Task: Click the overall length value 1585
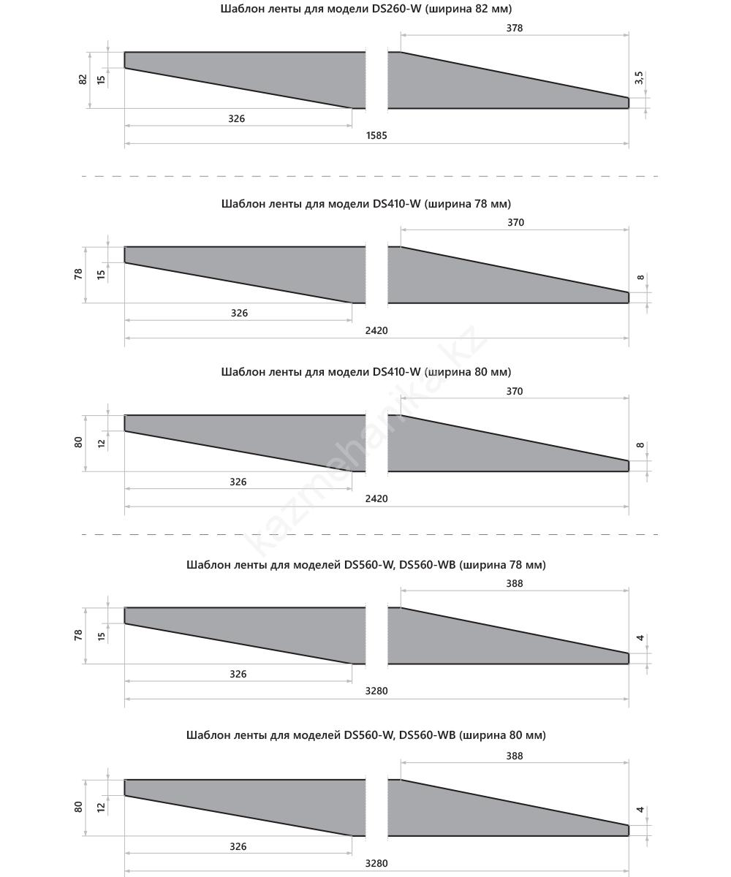click(x=376, y=136)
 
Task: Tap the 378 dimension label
click(x=515, y=29)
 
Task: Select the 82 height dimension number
click(x=83, y=79)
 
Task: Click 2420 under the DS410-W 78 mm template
click(x=376, y=330)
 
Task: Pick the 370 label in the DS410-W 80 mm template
click(x=515, y=392)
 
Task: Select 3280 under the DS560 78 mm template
click(x=376, y=691)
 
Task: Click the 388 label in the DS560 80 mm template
click(x=515, y=756)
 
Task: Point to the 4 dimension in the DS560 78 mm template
click(x=640, y=639)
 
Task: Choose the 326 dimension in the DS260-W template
click(x=237, y=118)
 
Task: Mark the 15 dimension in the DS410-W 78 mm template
click(x=102, y=274)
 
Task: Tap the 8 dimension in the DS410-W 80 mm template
click(x=640, y=446)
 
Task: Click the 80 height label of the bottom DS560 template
click(x=78, y=807)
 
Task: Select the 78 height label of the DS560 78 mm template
click(x=78, y=635)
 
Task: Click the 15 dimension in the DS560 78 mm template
click(x=102, y=635)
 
